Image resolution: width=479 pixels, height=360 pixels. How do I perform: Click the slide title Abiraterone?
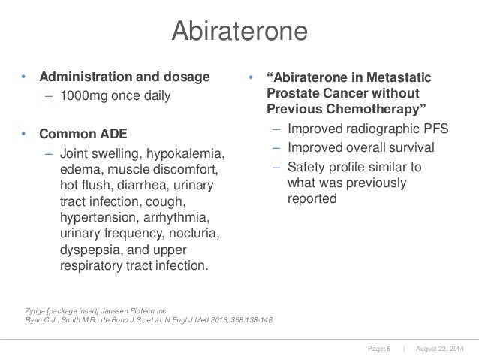(x=239, y=32)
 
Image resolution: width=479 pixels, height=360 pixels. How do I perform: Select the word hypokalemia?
(x=186, y=153)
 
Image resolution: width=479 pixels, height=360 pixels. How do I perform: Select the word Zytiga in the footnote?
(x=35, y=310)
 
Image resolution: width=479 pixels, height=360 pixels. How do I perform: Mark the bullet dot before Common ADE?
(x=23, y=135)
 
